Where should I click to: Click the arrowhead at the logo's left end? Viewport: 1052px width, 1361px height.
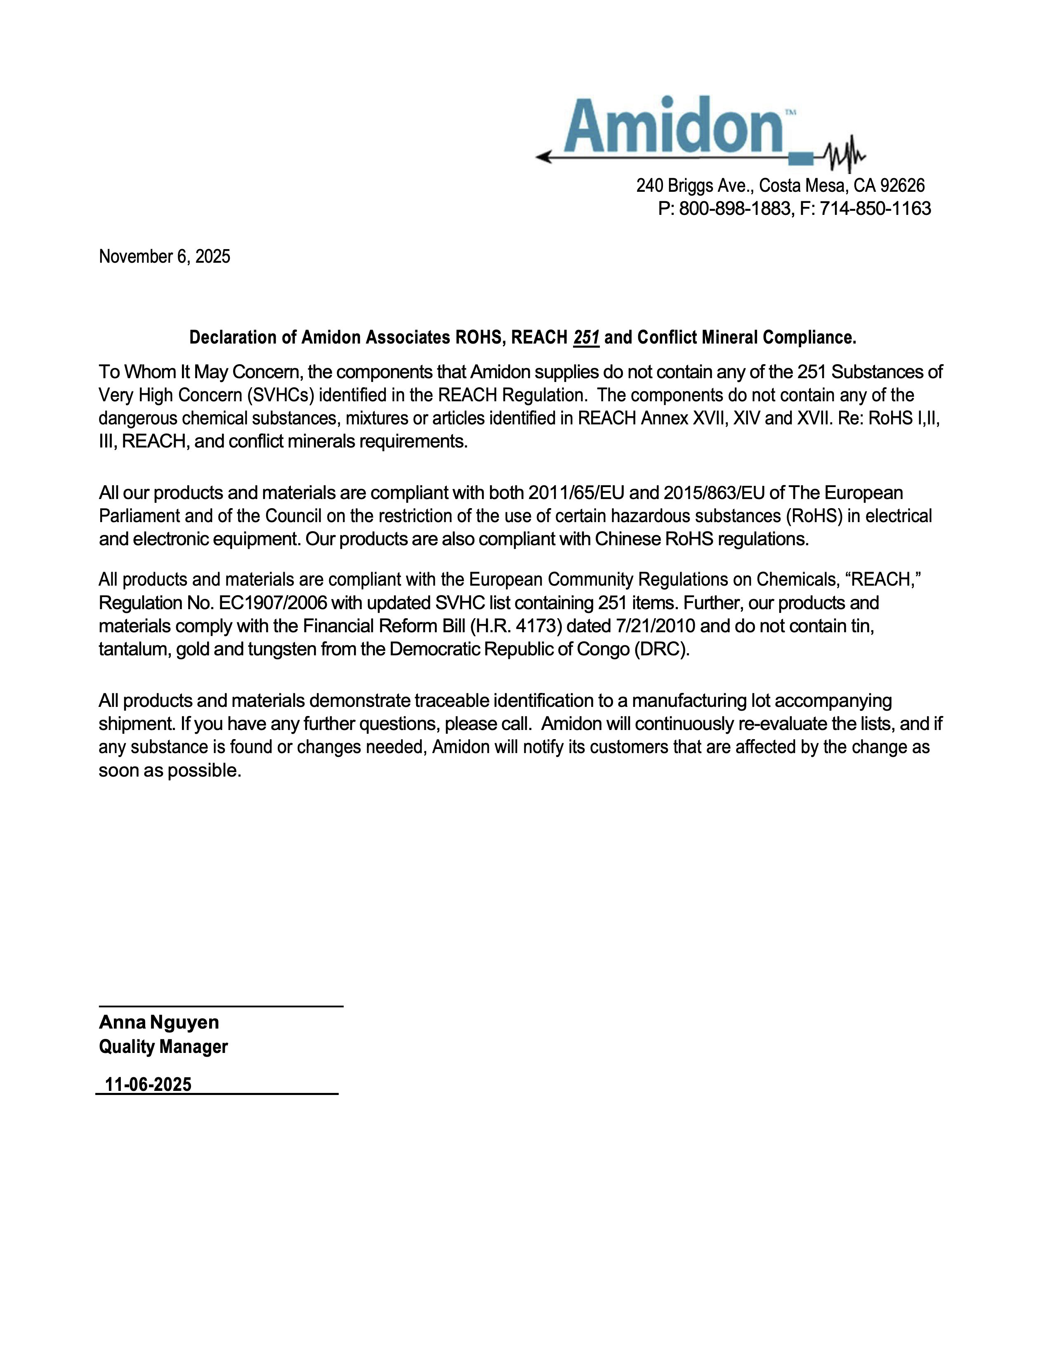point(543,157)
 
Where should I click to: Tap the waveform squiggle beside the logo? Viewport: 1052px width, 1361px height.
point(842,154)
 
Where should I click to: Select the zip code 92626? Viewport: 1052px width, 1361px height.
point(902,186)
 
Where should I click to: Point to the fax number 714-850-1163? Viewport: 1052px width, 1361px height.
point(875,209)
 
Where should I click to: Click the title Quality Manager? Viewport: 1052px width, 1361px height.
point(163,1047)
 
